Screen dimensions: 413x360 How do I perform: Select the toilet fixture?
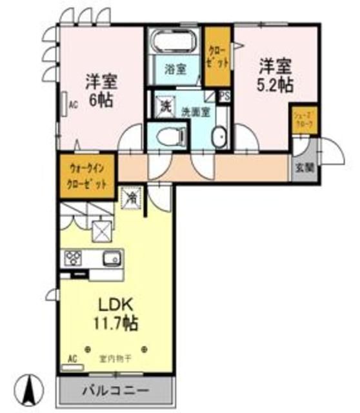click(x=169, y=136)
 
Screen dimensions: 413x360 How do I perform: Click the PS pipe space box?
click(x=225, y=96)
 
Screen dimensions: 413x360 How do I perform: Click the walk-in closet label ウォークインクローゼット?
click(x=88, y=176)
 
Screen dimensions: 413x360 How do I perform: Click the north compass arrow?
click(x=29, y=388)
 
